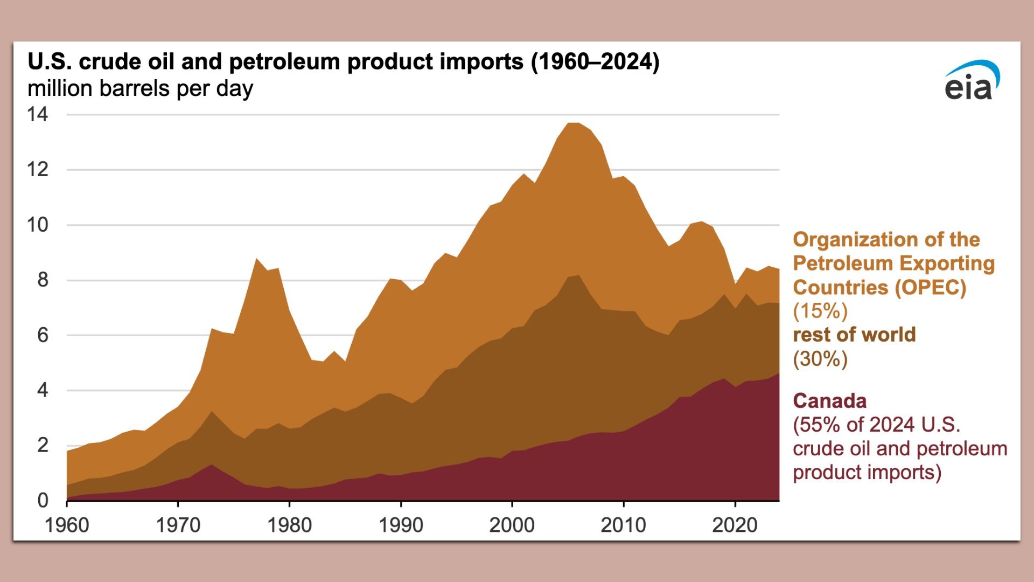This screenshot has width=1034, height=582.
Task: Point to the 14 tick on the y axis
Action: pyautogui.click(x=37, y=114)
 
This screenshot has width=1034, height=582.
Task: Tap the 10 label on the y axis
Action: pyautogui.click(x=37, y=225)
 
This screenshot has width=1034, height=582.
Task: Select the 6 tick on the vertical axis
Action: pyautogui.click(x=42, y=335)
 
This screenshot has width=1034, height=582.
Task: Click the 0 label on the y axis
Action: pyautogui.click(x=43, y=500)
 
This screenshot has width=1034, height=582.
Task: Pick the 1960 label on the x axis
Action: pyautogui.click(x=67, y=524)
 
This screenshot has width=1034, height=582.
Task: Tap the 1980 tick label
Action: pyautogui.click(x=289, y=524)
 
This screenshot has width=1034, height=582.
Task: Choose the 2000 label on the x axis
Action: pyautogui.click(x=512, y=524)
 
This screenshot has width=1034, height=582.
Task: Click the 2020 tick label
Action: pyautogui.click(x=734, y=524)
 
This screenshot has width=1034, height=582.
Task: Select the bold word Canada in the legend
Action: pyautogui.click(x=829, y=401)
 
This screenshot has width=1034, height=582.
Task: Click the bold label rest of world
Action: pyautogui.click(x=854, y=335)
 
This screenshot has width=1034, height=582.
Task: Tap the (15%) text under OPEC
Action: pyautogui.click(x=820, y=311)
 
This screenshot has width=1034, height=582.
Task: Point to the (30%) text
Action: pyautogui.click(x=820, y=358)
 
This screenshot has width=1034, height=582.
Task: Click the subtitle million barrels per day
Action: pyautogui.click(x=140, y=88)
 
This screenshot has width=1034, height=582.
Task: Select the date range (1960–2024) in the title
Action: pyautogui.click(x=595, y=61)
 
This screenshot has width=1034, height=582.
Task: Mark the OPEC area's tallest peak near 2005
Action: pyautogui.click(x=574, y=125)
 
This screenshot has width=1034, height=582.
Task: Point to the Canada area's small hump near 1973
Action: pyautogui.click(x=212, y=466)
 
